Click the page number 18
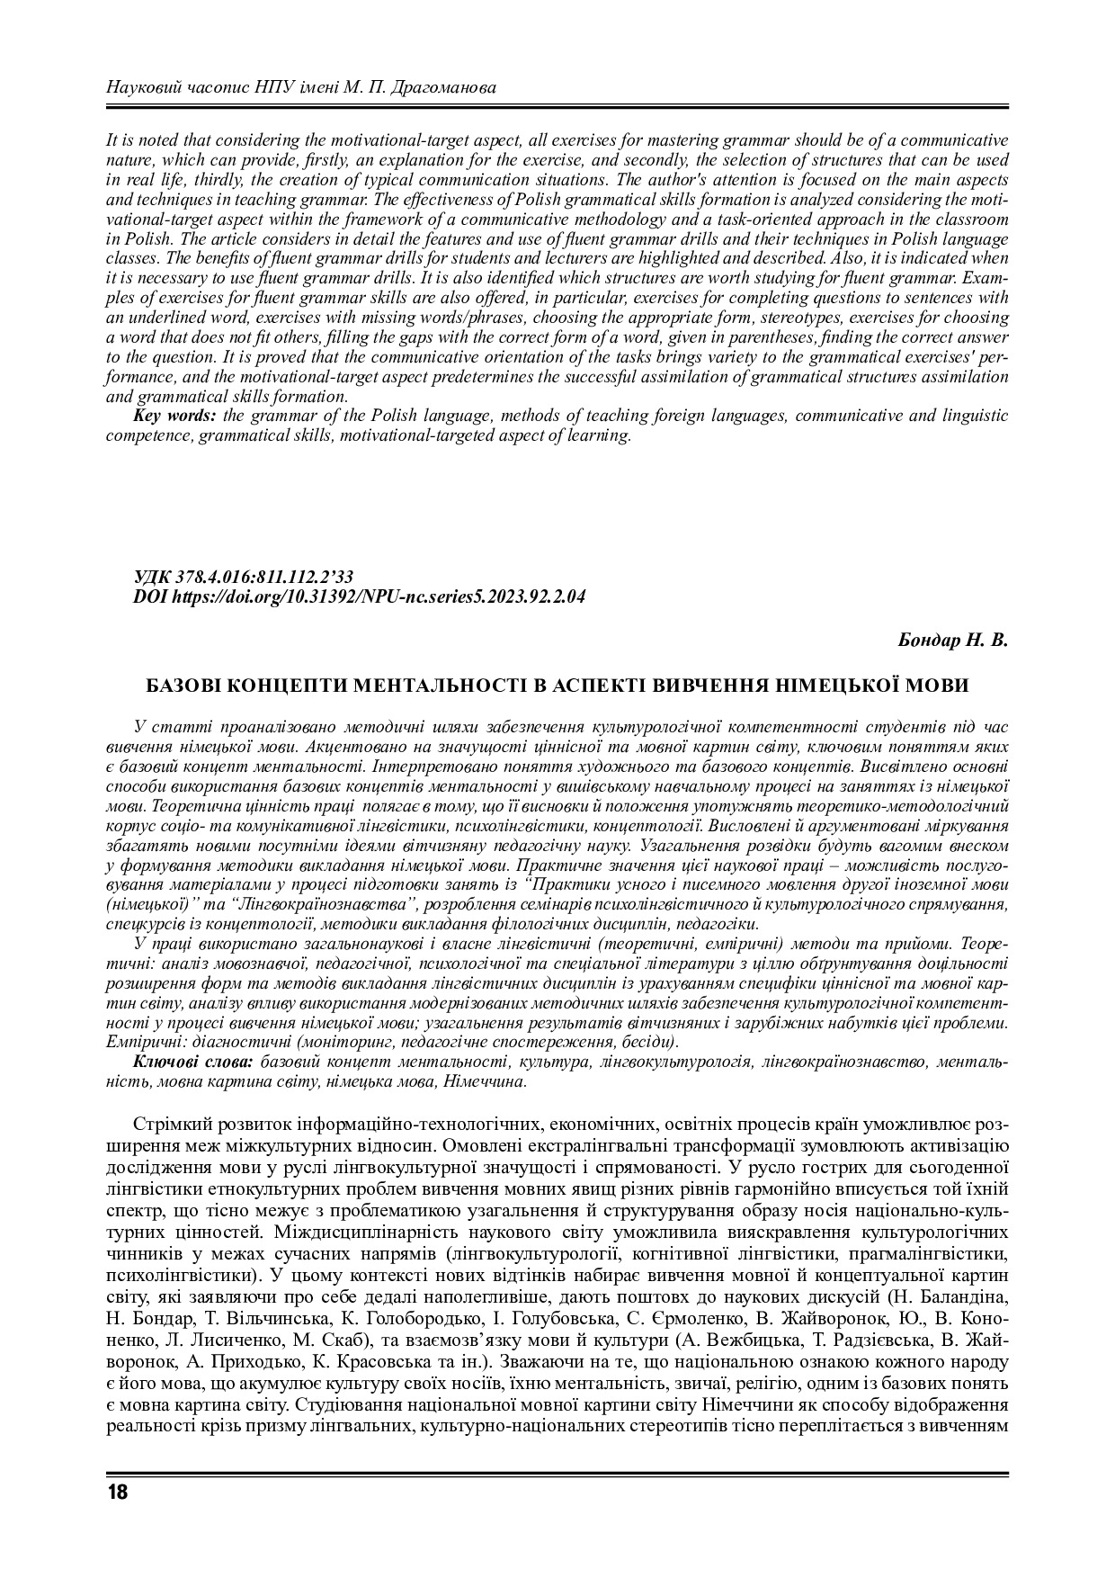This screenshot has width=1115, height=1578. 117,1493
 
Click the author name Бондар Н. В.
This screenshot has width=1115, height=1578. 953,641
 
